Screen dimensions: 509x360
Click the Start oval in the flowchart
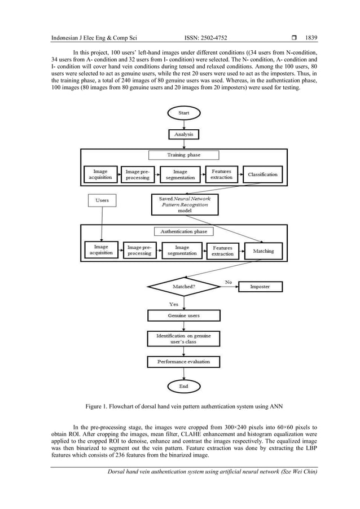click(183, 113)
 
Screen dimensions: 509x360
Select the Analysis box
click(183, 134)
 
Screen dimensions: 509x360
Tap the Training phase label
click(183, 155)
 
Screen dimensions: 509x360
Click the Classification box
click(262, 174)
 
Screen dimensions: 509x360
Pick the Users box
click(102, 200)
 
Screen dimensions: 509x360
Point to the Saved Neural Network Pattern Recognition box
click(184, 204)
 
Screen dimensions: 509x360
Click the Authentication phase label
click(184, 231)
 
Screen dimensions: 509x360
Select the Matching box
click(263, 251)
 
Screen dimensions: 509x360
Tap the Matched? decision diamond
click(184, 287)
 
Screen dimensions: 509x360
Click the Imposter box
click(260, 287)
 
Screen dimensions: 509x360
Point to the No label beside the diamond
click(229, 281)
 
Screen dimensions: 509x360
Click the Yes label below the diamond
click(174, 304)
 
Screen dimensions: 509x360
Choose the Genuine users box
click(183, 315)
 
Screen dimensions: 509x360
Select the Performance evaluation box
click(183, 361)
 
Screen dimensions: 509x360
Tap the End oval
click(183, 387)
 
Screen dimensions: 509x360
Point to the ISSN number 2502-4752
click(216, 38)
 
